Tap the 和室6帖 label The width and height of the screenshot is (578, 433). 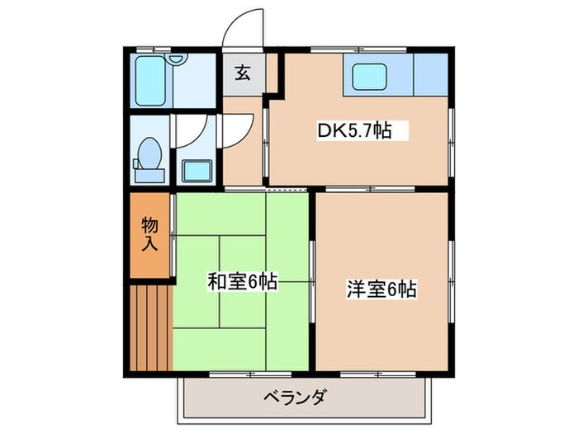241,282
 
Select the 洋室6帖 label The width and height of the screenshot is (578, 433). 381,289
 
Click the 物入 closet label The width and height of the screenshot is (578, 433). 149,234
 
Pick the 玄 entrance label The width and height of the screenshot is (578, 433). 243,73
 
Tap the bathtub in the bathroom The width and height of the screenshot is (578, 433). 150,81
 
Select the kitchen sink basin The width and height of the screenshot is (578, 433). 369,77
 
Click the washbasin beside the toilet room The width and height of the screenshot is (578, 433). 197,172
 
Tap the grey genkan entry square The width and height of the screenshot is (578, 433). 243,73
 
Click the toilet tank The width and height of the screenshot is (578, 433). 149,174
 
